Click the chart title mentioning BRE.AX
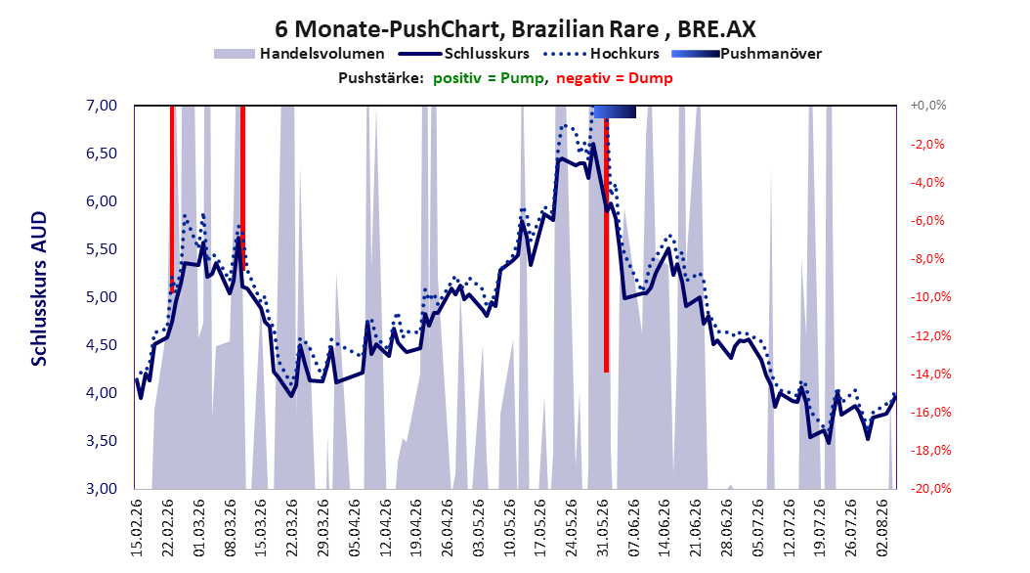(515, 29)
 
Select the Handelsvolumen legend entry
(300, 54)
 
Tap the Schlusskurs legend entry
(464, 54)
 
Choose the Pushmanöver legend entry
(747, 54)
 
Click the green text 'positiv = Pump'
(488, 78)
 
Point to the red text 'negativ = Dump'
(615, 78)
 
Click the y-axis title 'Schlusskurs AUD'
(39, 288)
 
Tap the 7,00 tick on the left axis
(102, 106)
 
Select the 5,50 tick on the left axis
(102, 249)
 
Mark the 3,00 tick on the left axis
(102, 488)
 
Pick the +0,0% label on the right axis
(928, 106)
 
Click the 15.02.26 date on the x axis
(137, 528)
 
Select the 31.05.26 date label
(602, 528)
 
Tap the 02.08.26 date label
(882, 528)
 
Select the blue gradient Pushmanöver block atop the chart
(615, 111)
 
